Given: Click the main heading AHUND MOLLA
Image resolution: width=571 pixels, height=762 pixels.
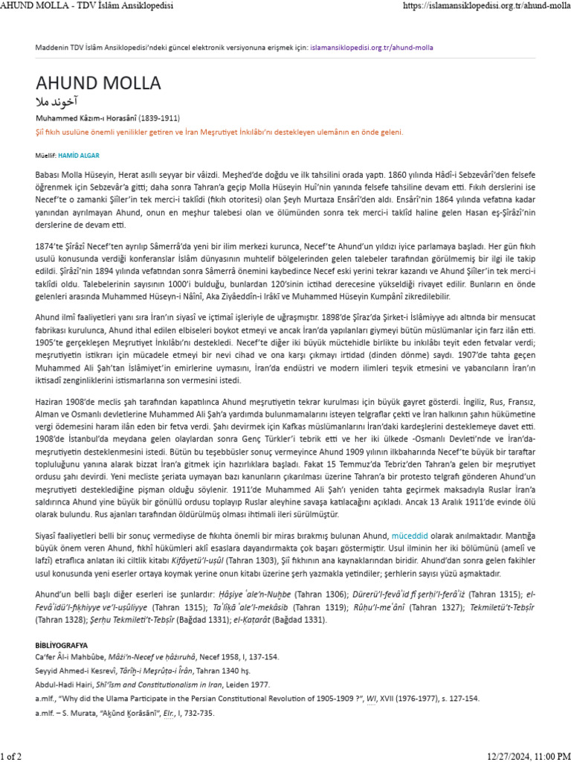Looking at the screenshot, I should tap(97, 82).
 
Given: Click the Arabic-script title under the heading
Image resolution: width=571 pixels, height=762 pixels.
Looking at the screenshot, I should tap(57, 101).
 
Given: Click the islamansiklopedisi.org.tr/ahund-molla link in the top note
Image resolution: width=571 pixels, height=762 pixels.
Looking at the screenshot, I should tap(372, 47).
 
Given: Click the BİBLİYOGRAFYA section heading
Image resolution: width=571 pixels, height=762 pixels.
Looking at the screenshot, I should tap(62, 644).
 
